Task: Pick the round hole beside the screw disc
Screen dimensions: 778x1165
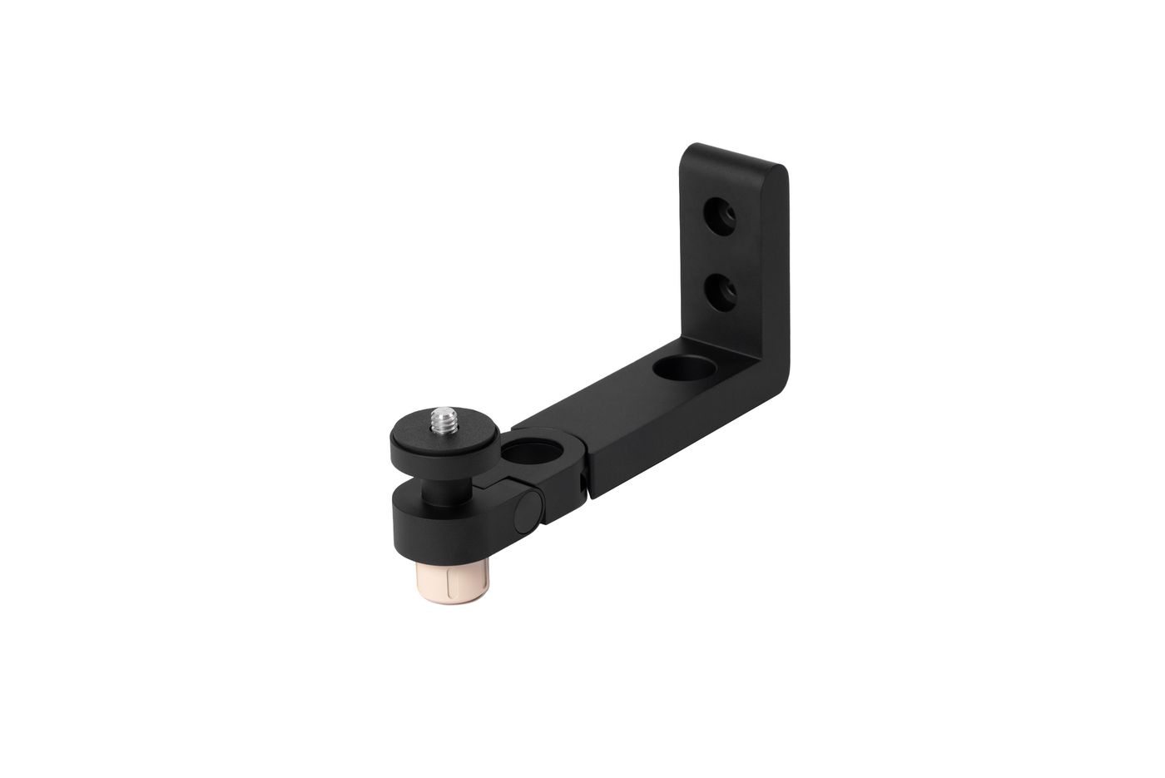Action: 522,455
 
